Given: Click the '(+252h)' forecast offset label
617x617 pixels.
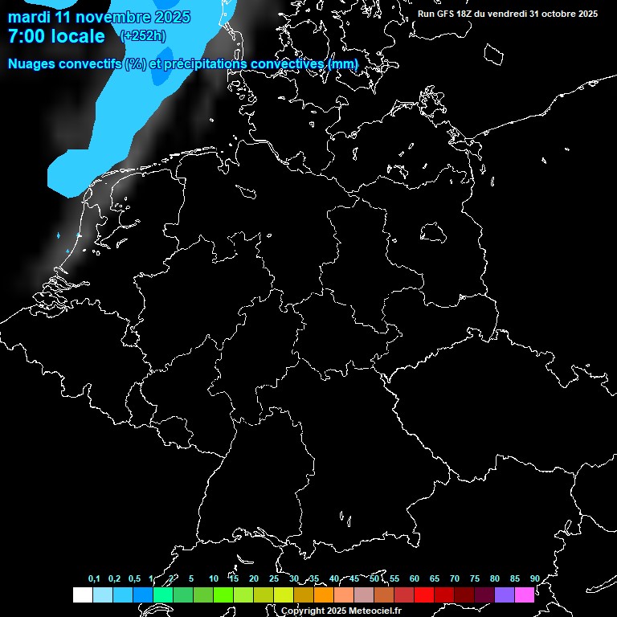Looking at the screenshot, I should (x=143, y=35).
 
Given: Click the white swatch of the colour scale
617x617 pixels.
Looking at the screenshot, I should (x=82, y=595).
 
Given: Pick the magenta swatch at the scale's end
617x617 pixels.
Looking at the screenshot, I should (x=525, y=595).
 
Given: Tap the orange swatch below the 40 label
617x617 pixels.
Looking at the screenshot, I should (x=324, y=595).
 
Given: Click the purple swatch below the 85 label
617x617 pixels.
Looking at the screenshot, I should (x=505, y=595).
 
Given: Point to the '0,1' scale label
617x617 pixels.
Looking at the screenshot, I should (x=94, y=578).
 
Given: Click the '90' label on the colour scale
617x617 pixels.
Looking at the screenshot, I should (x=534, y=578).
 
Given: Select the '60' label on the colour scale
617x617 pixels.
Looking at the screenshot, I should (x=414, y=578).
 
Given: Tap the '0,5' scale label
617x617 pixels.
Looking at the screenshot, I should (x=134, y=578).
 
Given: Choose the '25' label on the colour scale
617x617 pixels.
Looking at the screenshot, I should (x=273, y=578).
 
